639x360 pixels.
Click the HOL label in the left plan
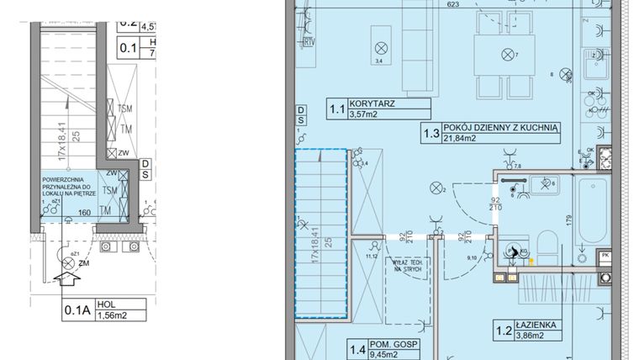click(105, 305)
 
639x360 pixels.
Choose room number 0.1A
click(77, 311)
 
